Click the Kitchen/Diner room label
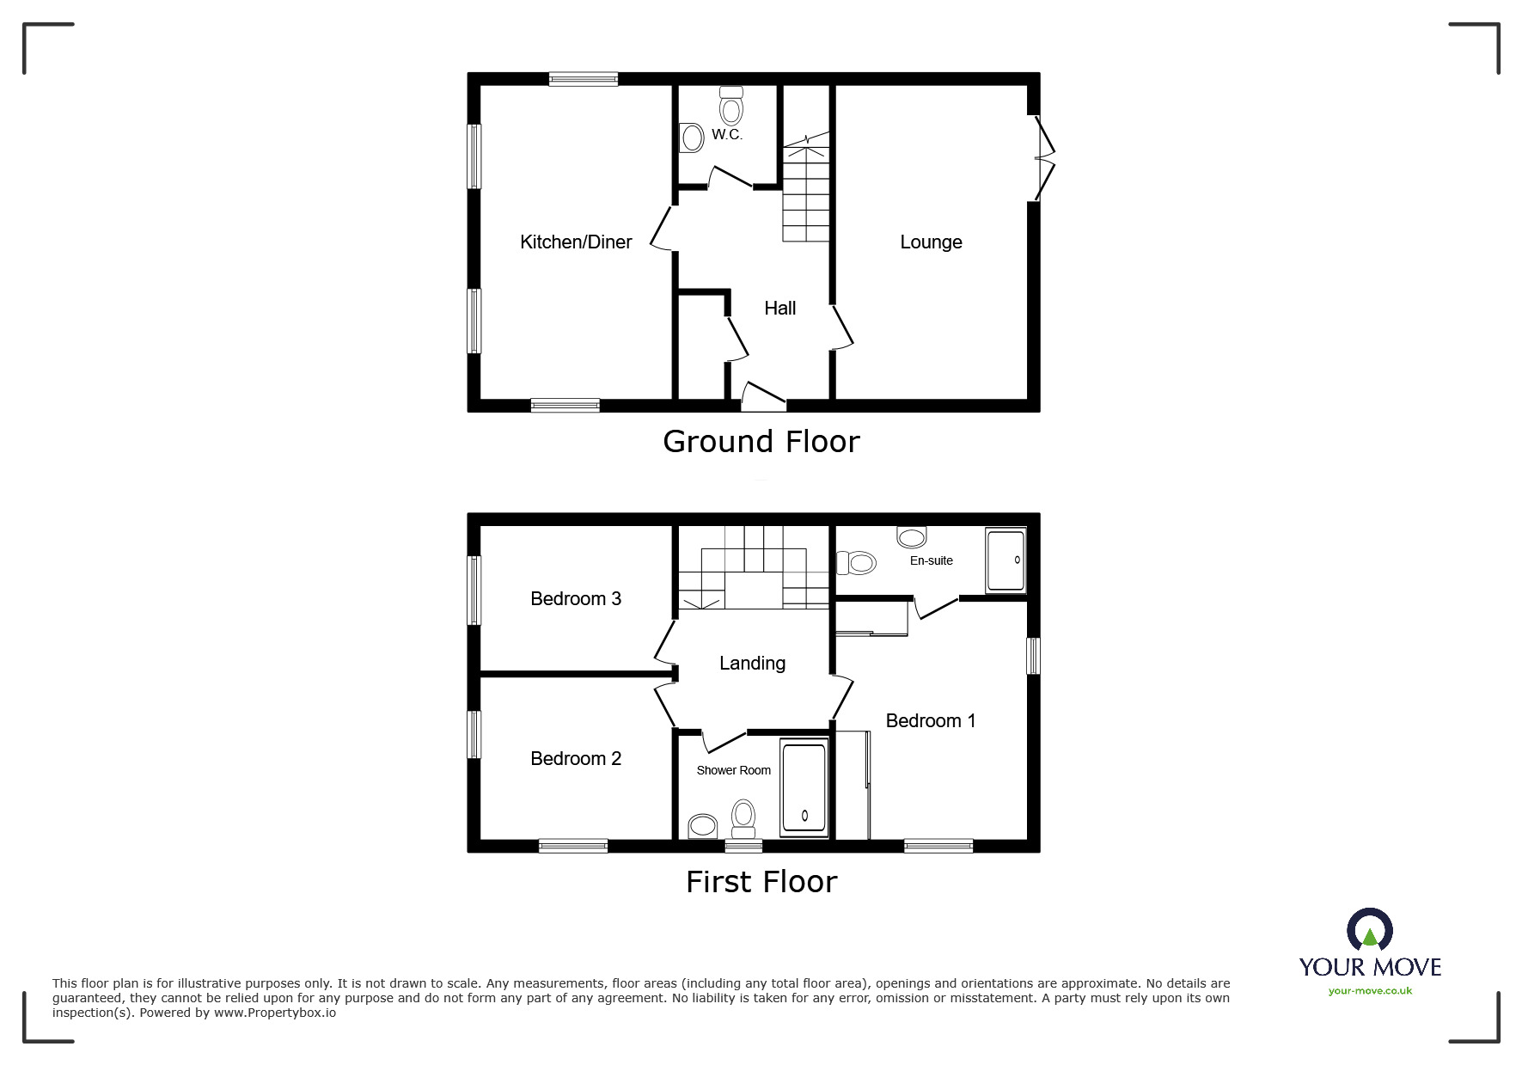click(x=576, y=242)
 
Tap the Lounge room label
click(x=931, y=242)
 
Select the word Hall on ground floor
click(x=779, y=308)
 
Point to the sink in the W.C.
click(x=691, y=138)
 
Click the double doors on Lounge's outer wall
click(x=1044, y=157)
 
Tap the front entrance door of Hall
click(x=763, y=396)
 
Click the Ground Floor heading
click(x=761, y=442)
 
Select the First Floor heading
click(x=761, y=882)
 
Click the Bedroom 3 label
click(x=575, y=599)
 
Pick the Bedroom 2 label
click(x=575, y=759)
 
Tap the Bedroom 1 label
click(x=930, y=721)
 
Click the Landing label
click(x=752, y=664)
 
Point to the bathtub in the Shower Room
click(x=804, y=787)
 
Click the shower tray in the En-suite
click(x=1005, y=560)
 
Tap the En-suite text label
click(x=931, y=560)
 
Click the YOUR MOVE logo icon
click(x=1369, y=930)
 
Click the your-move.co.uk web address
click(x=1370, y=991)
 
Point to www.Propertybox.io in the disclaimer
click(x=274, y=1013)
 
